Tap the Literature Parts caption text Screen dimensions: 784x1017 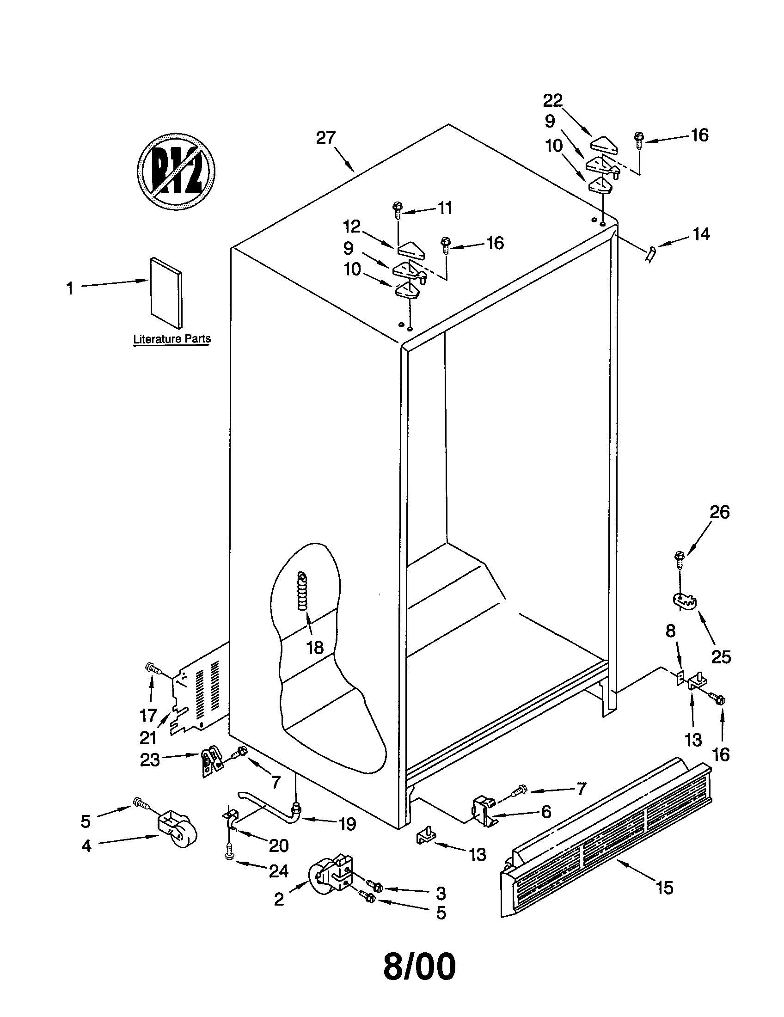[x=172, y=339]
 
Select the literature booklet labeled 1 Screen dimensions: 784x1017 [x=166, y=292]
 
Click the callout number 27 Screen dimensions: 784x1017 [x=326, y=138]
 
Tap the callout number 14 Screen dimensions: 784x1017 [x=701, y=234]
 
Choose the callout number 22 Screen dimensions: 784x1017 [x=552, y=100]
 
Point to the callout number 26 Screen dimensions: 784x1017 [x=719, y=512]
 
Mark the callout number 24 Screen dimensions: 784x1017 [x=279, y=871]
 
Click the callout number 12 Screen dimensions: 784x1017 [x=352, y=227]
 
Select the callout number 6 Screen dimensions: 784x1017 [x=545, y=811]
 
